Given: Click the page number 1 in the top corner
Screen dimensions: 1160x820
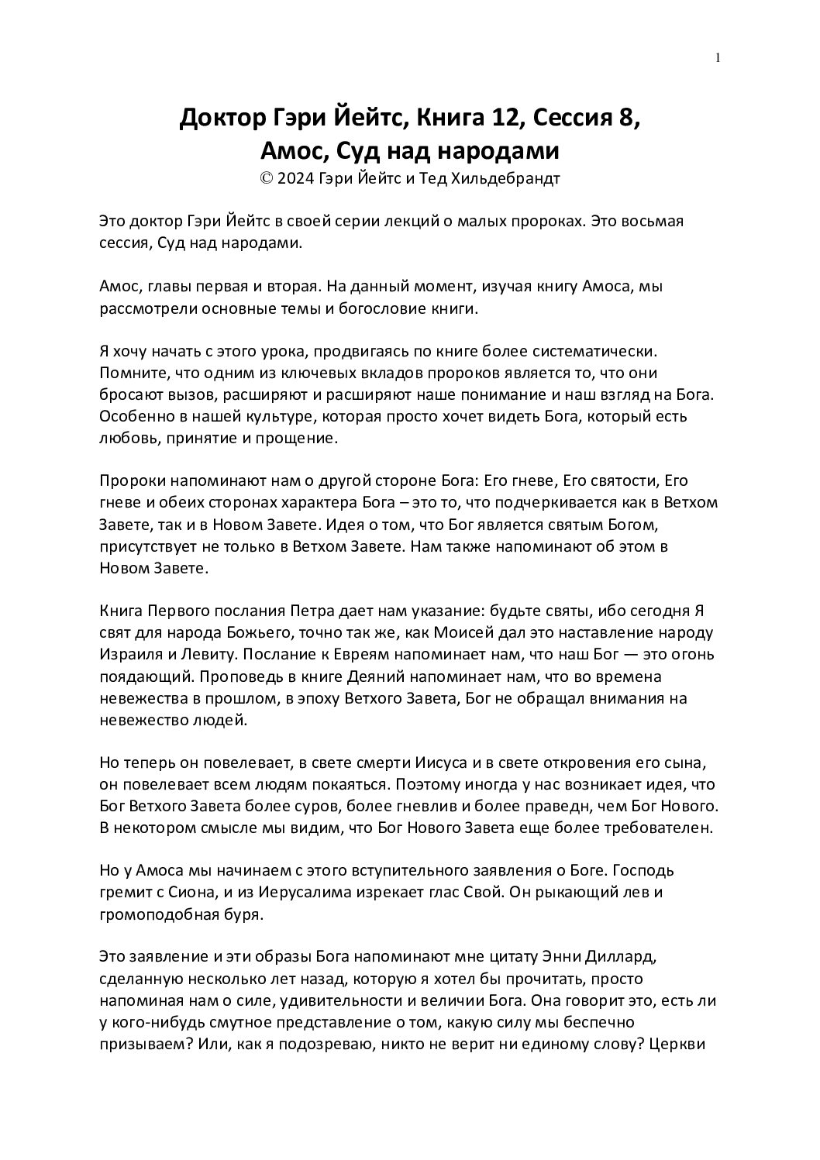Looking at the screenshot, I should coord(718,57).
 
